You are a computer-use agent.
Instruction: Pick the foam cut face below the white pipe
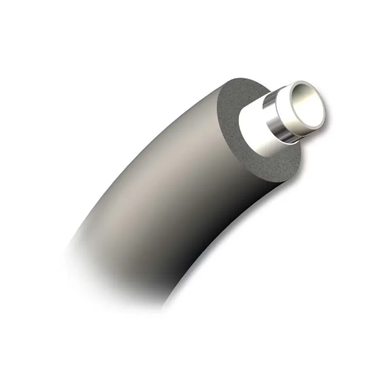[x=272, y=162]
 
